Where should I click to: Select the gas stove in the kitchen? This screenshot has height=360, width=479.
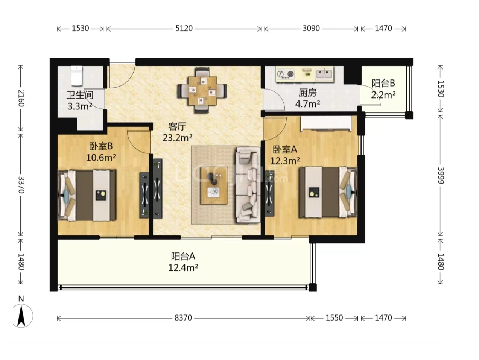pyautogui.click(x=286, y=74)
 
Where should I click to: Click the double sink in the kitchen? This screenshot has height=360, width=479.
pyautogui.click(x=325, y=73)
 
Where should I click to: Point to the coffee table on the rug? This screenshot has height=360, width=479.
pyautogui.click(x=214, y=185)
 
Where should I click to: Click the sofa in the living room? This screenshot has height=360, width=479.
pyautogui.click(x=248, y=185)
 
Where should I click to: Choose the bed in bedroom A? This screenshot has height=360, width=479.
pyautogui.click(x=328, y=192)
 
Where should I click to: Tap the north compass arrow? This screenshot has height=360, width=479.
pyautogui.click(x=21, y=316)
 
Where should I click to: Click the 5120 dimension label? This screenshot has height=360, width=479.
pyautogui.click(x=184, y=28)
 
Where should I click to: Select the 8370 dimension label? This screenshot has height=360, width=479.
pyautogui.click(x=183, y=318)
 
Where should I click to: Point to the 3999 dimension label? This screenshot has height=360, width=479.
pyautogui.click(x=441, y=175)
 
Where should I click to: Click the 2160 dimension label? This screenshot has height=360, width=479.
pyautogui.click(x=21, y=98)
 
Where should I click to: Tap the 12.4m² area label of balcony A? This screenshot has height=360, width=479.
pyautogui.click(x=183, y=267)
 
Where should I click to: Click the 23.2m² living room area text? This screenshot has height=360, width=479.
pyautogui.click(x=177, y=138)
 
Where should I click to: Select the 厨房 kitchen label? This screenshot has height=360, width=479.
pyautogui.click(x=307, y=93)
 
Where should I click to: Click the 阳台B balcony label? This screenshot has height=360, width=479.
pyautogui.click(x=383, y=83)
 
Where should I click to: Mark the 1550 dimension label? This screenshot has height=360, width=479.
pyautogui.click(x=334, y=318)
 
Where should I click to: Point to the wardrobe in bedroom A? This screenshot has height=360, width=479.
pyautogui.click(x=326, y=123)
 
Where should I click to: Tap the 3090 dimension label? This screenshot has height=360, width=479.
pyautogui.click(x=311, y=28)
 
